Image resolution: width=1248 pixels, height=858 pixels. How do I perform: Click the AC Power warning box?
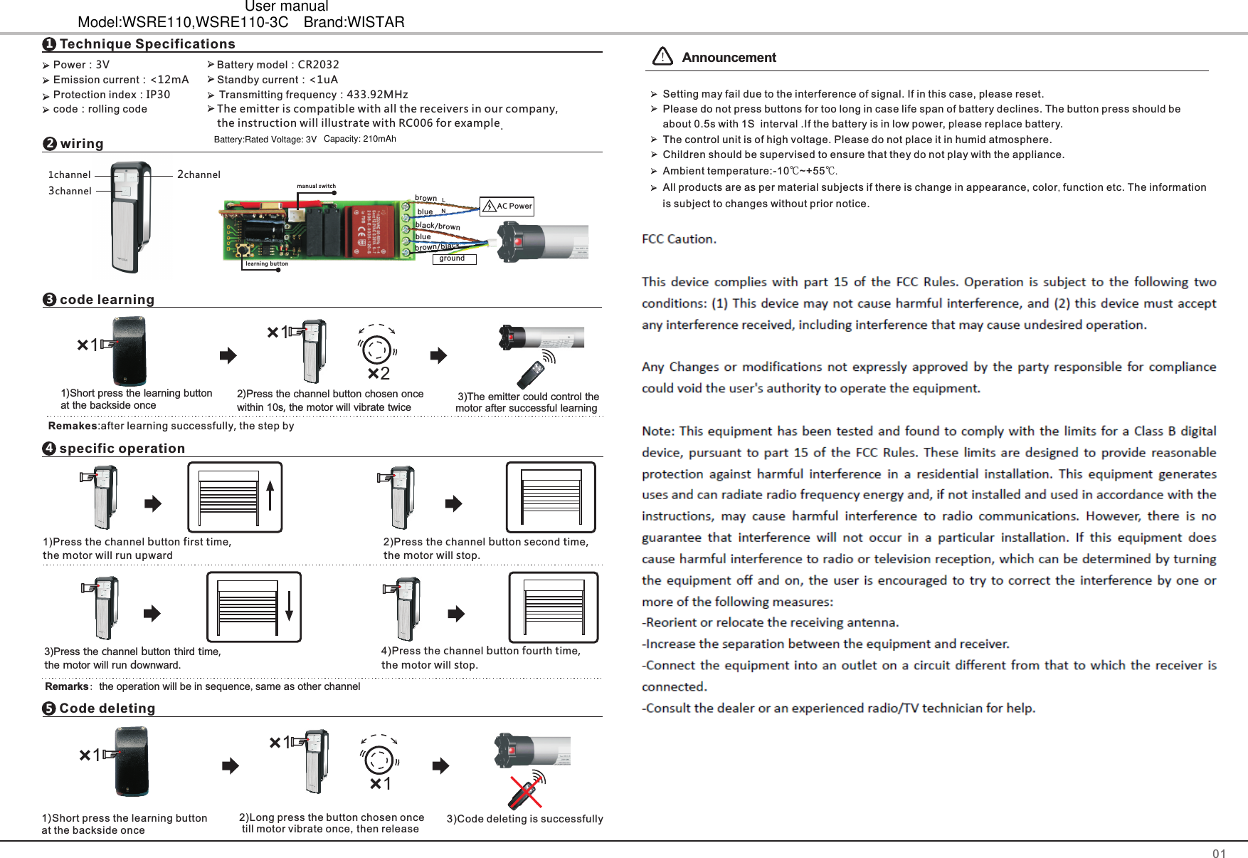pos(507,206)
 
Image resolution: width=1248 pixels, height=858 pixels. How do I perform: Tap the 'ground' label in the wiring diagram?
pos(453,258)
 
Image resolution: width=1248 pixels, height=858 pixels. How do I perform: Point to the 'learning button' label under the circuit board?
pos(267,264)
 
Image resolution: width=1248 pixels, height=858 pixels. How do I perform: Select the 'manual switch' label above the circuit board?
pos(316,187)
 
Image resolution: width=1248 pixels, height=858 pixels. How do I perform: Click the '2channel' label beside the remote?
pos(199,174)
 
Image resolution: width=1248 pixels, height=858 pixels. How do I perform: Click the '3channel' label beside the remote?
pos(70,191)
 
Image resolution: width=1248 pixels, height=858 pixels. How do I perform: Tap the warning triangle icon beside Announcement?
pos(662,56)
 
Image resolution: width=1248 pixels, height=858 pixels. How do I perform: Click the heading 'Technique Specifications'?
pos(147,44)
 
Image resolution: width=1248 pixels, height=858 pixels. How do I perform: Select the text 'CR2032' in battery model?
pos(318,65)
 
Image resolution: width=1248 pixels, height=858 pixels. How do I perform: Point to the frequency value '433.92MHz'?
pos(377,95)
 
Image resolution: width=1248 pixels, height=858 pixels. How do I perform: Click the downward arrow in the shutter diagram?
pos(289,607)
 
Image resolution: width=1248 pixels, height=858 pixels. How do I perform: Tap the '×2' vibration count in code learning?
pos(379,374)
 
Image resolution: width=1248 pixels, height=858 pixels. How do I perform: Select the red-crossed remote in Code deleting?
pos(527,790)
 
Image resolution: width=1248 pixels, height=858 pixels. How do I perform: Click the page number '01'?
pos(1219,854)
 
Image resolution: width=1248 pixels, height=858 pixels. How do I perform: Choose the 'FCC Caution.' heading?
pos(679,239)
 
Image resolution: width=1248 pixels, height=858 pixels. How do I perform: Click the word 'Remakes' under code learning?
pos(73,426)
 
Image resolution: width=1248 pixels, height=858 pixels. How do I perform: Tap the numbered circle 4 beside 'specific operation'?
pos(49,449)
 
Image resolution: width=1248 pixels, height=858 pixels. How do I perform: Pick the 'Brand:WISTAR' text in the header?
pos(354,22)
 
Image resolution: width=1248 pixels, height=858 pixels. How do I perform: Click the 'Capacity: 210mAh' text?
pos(359,139)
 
